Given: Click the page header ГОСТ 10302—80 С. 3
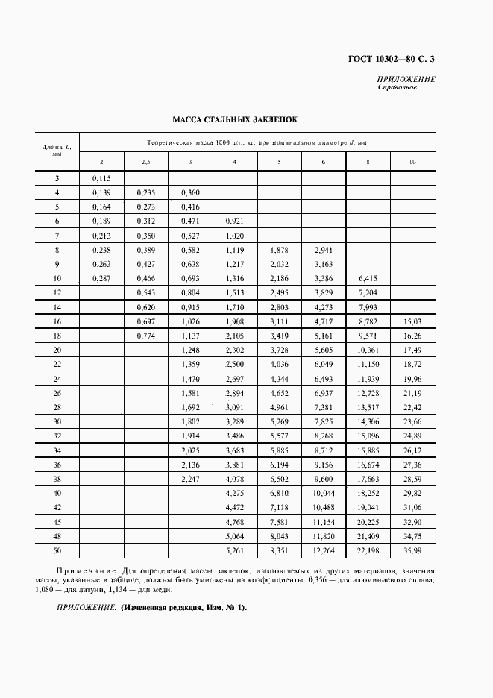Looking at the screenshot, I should [x=392, y=59].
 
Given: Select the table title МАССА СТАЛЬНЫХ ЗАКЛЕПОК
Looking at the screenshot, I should [x=235, y=119].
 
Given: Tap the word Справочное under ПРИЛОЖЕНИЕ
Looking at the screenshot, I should [x=397, y=88].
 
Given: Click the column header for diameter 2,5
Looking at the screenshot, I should [x=146, y=162].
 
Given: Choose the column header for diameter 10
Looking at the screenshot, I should [x=412, y=162].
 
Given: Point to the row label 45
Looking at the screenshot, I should [x=57, y=522].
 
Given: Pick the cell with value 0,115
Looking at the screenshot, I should [x=101, y=178].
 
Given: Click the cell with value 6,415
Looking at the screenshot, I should [x=368, y=278].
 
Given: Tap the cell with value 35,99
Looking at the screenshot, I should [x=412, y=551].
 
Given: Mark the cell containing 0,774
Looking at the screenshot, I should [x=146, y=336].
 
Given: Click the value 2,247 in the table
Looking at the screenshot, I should [x=190, y=479].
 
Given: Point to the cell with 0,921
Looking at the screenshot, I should [x=235, y=221].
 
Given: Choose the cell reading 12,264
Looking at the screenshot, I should [x=323, y=551].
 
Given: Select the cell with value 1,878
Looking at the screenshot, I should [x=279, y=250].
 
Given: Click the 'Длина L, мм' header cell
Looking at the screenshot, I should [x=57, y=151].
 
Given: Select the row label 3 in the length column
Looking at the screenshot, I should [x=57, y=178].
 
